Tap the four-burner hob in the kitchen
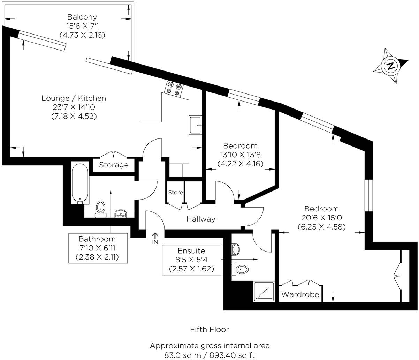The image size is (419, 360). pyautogui.click(x=174, y=88)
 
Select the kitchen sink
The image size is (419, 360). pyautogui.click(x=195, y=125)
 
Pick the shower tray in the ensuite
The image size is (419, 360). pyautogui.click(x=264, y=291)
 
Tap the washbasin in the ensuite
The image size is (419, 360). pyautogui.click(x=236, y=249)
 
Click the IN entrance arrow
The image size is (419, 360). pyautogui.click(x=155, y=239)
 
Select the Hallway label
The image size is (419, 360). pyautogui.click(x=200, y=219)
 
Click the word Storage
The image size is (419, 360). pyautogui.click(x=114, y=165)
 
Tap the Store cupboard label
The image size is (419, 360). pyautogui.click(x=175, y=192)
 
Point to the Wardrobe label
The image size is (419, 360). pyautogui.click(x=300, y=294)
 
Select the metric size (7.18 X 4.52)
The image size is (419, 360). pyautogui.click(x=74, y=116)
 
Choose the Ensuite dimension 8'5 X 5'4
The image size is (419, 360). pyautogui.click(x=191, y=260)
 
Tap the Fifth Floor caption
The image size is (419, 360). pyautogui.click(x=209, y=329)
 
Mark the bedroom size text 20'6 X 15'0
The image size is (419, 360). pyautogui.click(x=321, y=218)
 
